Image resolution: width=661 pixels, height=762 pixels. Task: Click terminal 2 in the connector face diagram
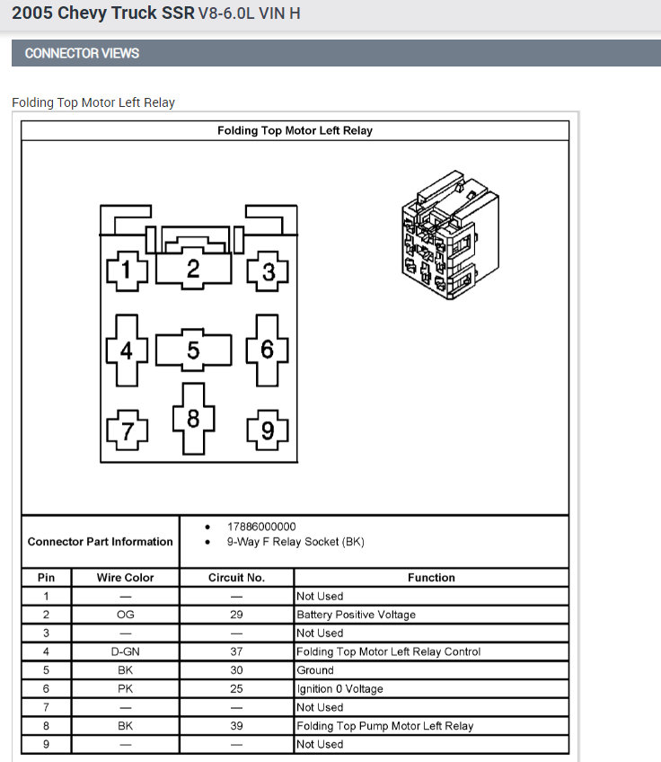(193, 268)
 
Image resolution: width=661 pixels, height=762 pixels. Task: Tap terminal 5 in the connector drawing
(193, 350)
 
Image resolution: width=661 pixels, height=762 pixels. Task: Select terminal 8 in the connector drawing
(193, 419)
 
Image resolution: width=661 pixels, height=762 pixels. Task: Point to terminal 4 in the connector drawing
(126, 350)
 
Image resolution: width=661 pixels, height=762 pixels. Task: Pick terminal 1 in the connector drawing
(127, 270)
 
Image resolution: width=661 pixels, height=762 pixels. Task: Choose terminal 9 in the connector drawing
(267, 431)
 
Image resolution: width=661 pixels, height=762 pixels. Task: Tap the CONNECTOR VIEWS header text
(82, 53)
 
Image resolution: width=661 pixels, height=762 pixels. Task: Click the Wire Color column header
(125, 578)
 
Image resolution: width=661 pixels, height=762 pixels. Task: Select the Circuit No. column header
(236, 578)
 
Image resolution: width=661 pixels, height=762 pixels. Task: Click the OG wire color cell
(125, 615)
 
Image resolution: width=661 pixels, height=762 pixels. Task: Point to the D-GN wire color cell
(125, 651)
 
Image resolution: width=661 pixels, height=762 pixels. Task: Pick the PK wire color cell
(125, 688)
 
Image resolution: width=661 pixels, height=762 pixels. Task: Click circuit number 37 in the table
(236, 651)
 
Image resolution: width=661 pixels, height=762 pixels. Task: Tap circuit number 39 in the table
(236, 725)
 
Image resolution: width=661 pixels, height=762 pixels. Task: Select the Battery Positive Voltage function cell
(356, 615)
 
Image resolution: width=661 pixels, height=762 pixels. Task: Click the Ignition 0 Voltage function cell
(339, 688)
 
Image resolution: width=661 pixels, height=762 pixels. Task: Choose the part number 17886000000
(261, 527)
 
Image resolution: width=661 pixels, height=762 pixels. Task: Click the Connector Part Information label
(100, 542)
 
